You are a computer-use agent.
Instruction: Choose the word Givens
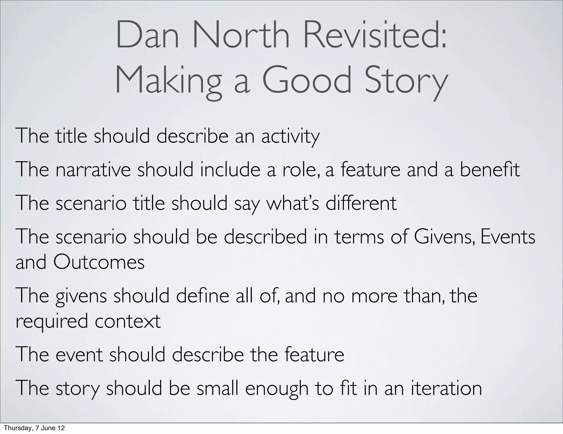point(445,237)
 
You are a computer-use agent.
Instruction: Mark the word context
point(128,321)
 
